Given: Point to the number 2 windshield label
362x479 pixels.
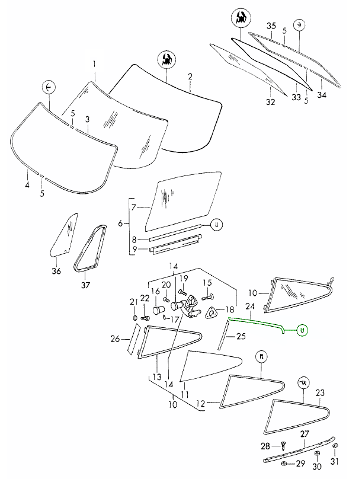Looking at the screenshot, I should click(190, 77).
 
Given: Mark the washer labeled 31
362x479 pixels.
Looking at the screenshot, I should click(335, 445).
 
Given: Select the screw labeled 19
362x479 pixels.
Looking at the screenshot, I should click(182, 292).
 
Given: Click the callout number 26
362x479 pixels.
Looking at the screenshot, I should click(115, 340).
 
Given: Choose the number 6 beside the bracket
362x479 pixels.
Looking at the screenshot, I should click(120, 223).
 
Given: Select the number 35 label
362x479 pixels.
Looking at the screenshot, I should click(271, 25).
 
